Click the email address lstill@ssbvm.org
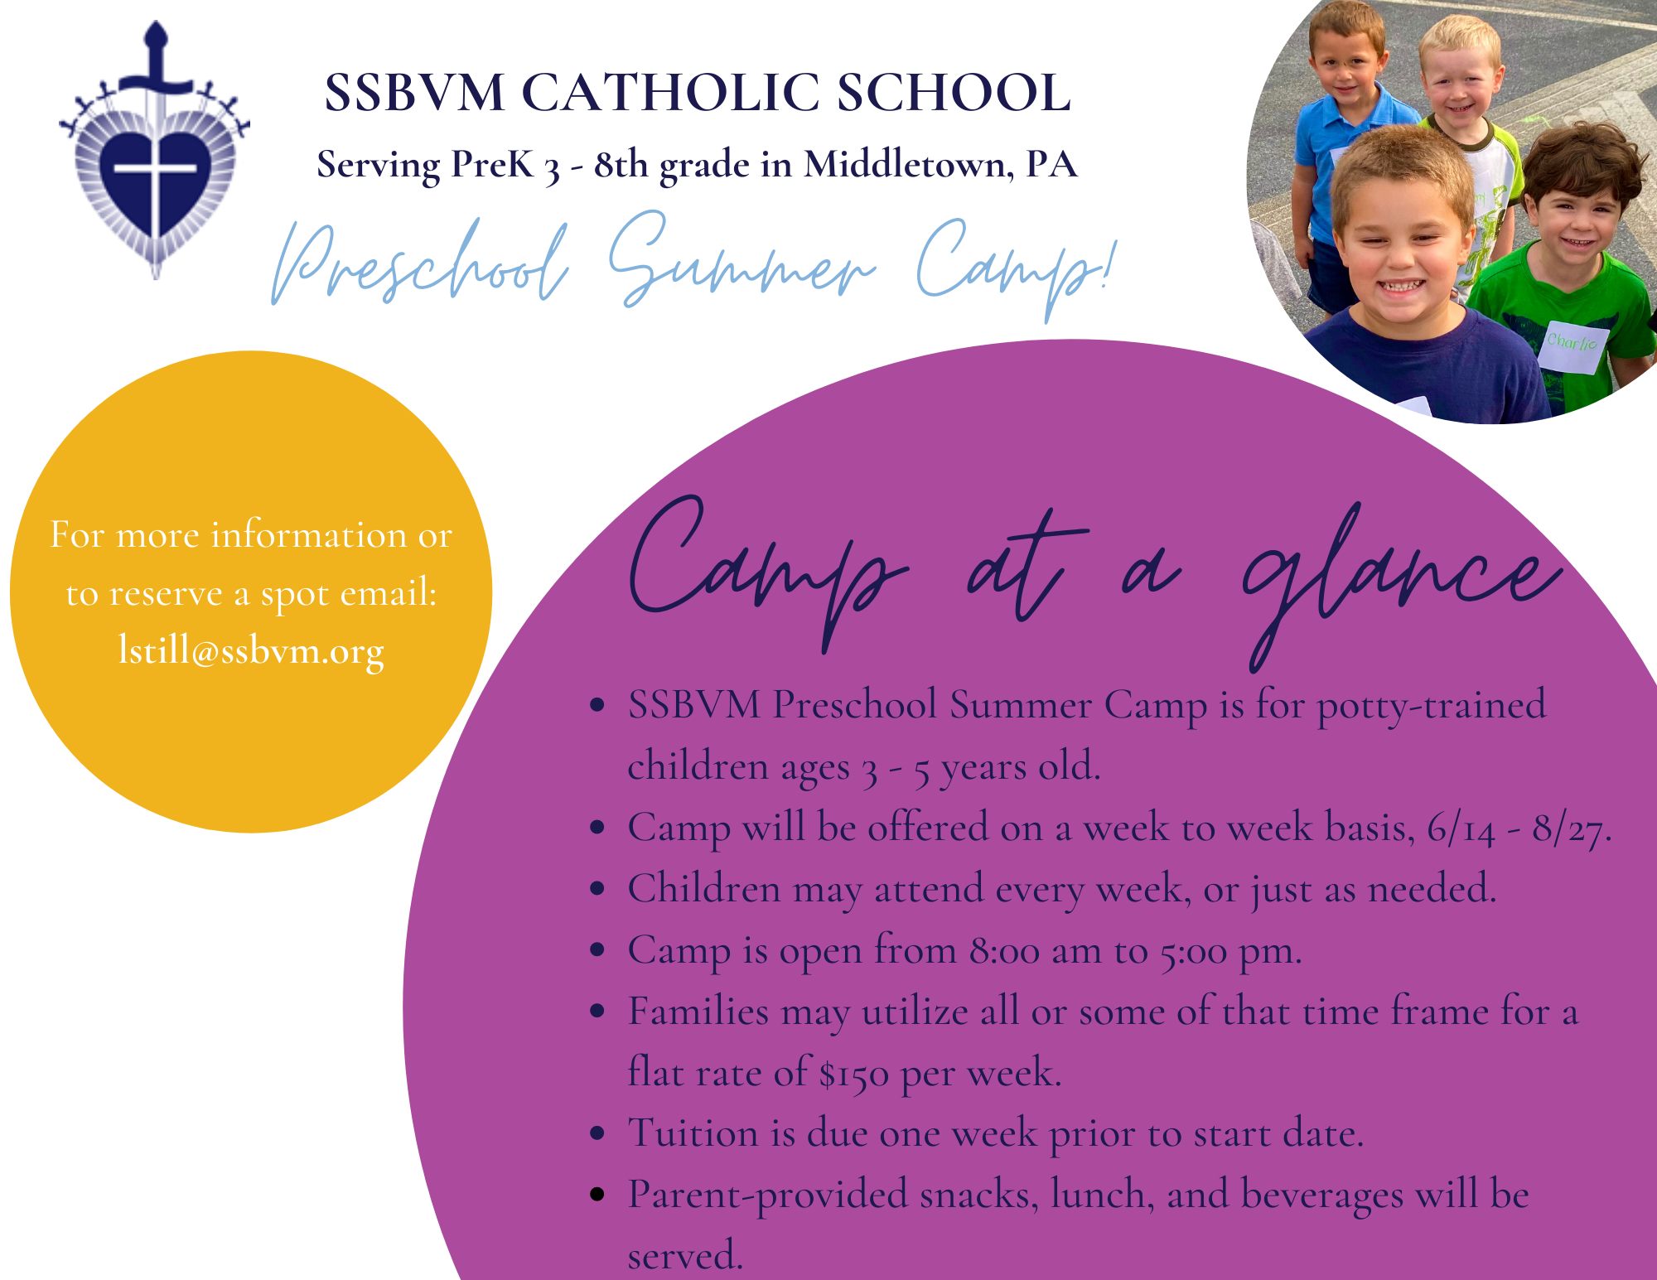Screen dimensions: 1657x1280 pyautogui.click(x=251, y=651)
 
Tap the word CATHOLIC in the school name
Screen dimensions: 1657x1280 pyautogui.click(x=670, y=92)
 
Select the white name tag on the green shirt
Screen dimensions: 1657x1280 pyautogui.click(x=1572, y=346)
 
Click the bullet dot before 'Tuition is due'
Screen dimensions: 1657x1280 pyautogui.click(x=597, y=1133)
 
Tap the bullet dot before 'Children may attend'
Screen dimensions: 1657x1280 pyautogui.click(x=597, y=889)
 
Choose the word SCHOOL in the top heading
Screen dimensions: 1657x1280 pyautogui.click(x=954, y=92)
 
